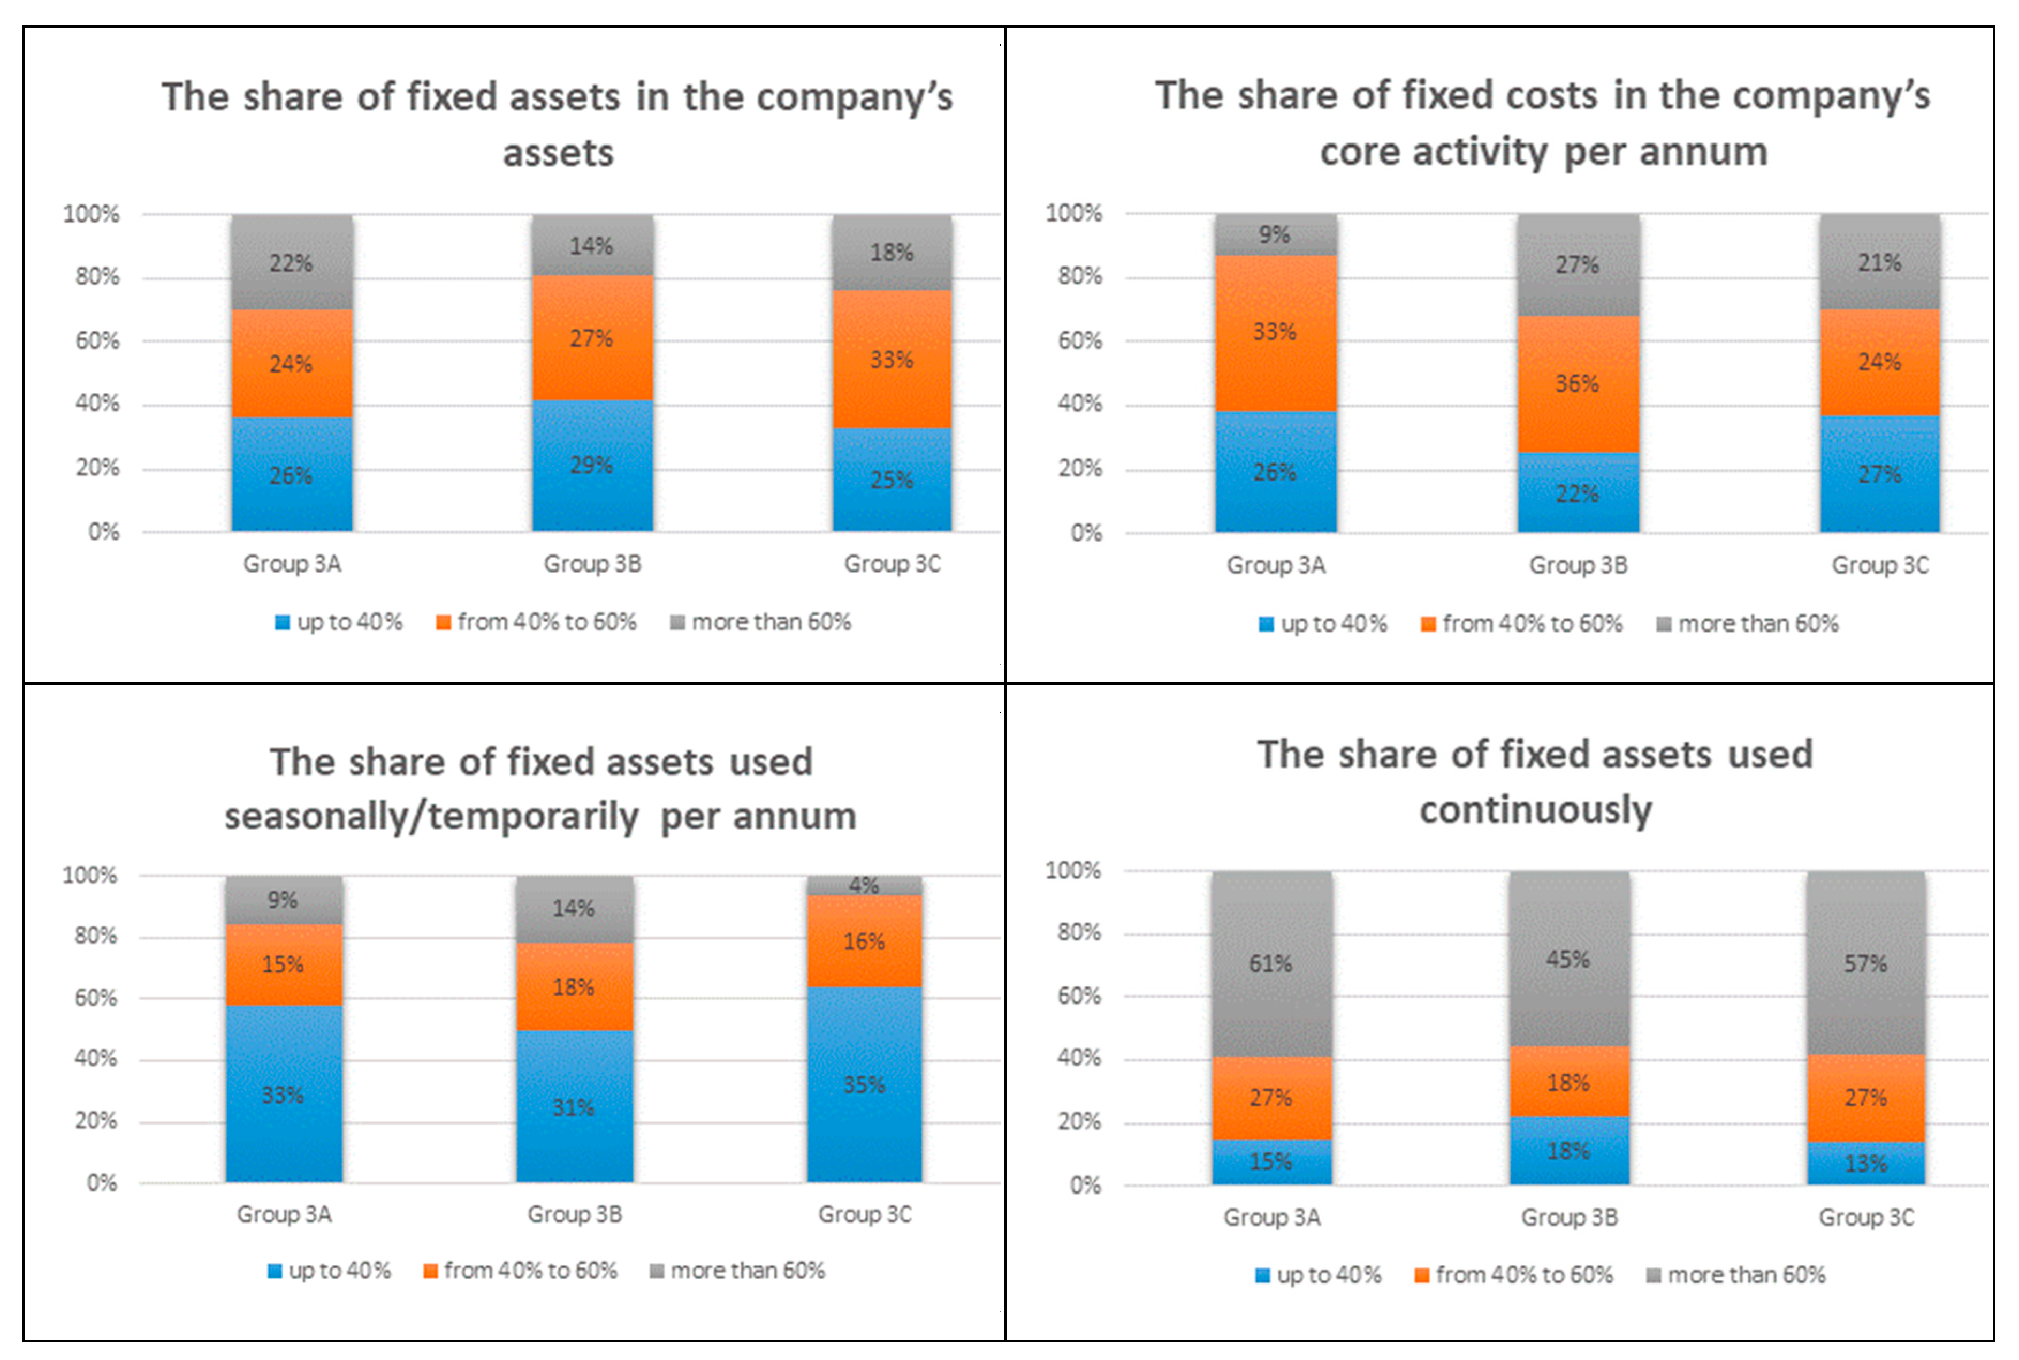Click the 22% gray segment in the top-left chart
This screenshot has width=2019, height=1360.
tap(292, 263)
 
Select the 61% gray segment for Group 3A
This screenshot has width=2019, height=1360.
tap(1271, 963)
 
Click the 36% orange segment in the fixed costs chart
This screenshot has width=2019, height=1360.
tap(1578, 384)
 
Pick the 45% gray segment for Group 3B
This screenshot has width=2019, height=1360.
tap(1569, 959)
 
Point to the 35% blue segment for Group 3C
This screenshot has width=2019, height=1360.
tap(865, 1085)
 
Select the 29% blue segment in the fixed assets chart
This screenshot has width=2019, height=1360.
tap(592, 466)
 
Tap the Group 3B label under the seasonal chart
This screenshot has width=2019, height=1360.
tap(575, 1214)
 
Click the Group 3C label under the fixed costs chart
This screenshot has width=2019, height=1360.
tap(1880, 566)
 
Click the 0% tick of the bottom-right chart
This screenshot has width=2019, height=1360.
tap(1085, 1186)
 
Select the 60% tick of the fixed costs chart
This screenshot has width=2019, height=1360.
tap(1080, 341)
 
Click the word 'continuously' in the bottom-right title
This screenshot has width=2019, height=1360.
tap(1536, 810)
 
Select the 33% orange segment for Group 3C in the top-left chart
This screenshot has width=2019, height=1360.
tap(893, 360)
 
